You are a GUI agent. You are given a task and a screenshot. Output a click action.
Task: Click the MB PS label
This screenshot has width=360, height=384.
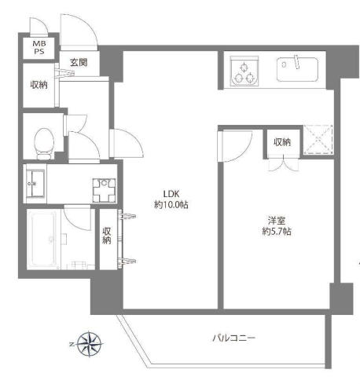click(x=39, y=47)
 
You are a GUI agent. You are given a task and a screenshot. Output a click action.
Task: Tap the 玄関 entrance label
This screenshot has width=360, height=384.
click(x=79, y=62)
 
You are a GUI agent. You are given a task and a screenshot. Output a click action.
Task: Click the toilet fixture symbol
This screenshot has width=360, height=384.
click(x=44, y=144)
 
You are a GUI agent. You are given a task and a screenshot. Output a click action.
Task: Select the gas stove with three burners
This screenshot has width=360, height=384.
click(x=244, y=71)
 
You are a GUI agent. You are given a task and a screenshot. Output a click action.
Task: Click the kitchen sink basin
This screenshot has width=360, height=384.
click(x=297, y=69)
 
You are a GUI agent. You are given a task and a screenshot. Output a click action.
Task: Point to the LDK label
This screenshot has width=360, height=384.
click(x=171, y=194)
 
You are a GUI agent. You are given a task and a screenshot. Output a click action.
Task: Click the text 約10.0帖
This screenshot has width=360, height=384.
click(x=171, y=205)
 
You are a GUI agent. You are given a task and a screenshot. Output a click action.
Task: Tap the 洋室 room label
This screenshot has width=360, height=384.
click(x=277, y=221)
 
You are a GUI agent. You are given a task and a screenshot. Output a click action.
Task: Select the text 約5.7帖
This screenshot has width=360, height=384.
click(x=277, y=232)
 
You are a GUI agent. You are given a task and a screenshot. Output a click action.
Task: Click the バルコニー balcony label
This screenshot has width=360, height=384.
click(x=233, y=338)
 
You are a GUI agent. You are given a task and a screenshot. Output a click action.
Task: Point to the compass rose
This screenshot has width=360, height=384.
click(x=90, y=344)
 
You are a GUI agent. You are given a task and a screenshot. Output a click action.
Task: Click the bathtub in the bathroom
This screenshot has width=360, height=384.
click(x=44, y=240)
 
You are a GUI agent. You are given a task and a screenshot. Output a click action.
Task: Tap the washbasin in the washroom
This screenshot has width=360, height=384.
click(x=35, y=184)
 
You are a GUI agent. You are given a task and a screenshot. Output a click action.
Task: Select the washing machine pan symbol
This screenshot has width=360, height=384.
click(x=104, y=190)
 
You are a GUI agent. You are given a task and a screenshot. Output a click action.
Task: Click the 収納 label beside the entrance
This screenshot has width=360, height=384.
click(x=39, y=85)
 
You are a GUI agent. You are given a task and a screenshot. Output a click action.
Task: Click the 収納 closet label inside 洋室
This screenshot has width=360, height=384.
click(x=282, y=142)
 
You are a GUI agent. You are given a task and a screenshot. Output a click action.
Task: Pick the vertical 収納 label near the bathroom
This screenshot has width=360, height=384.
click(x=107, y=236)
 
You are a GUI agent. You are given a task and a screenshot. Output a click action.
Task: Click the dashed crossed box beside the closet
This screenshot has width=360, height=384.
click(x=318, y=140)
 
